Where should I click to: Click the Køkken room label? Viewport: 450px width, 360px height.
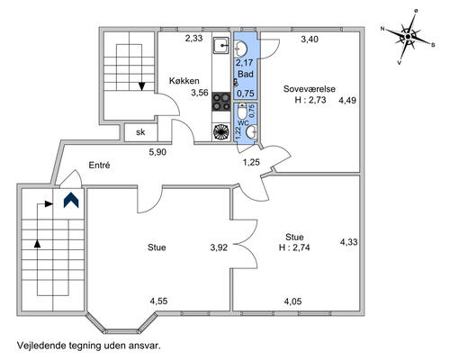184,81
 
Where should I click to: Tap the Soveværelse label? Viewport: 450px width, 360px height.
310,89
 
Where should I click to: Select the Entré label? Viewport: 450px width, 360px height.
100,165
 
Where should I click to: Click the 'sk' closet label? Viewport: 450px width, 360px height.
140,132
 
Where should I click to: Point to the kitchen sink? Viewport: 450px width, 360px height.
221,46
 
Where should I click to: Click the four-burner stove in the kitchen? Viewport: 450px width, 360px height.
221,102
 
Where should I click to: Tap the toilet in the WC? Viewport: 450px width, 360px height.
241,111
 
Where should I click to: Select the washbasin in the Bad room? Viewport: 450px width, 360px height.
241,49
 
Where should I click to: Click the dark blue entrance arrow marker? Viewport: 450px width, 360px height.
71,200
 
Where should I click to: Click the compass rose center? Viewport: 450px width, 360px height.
408,37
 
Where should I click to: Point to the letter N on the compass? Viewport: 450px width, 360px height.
382,29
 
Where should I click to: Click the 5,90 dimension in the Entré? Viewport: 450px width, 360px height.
157,152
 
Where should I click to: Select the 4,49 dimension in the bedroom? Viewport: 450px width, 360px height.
347,100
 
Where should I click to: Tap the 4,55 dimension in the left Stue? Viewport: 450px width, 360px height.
158,301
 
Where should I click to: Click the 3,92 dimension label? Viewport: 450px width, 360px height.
219,247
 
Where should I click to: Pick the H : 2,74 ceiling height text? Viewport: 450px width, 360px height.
294,247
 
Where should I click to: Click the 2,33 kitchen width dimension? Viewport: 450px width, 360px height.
193,39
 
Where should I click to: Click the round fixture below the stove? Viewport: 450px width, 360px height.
221,132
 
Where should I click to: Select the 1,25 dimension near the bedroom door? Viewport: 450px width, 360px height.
251,162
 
